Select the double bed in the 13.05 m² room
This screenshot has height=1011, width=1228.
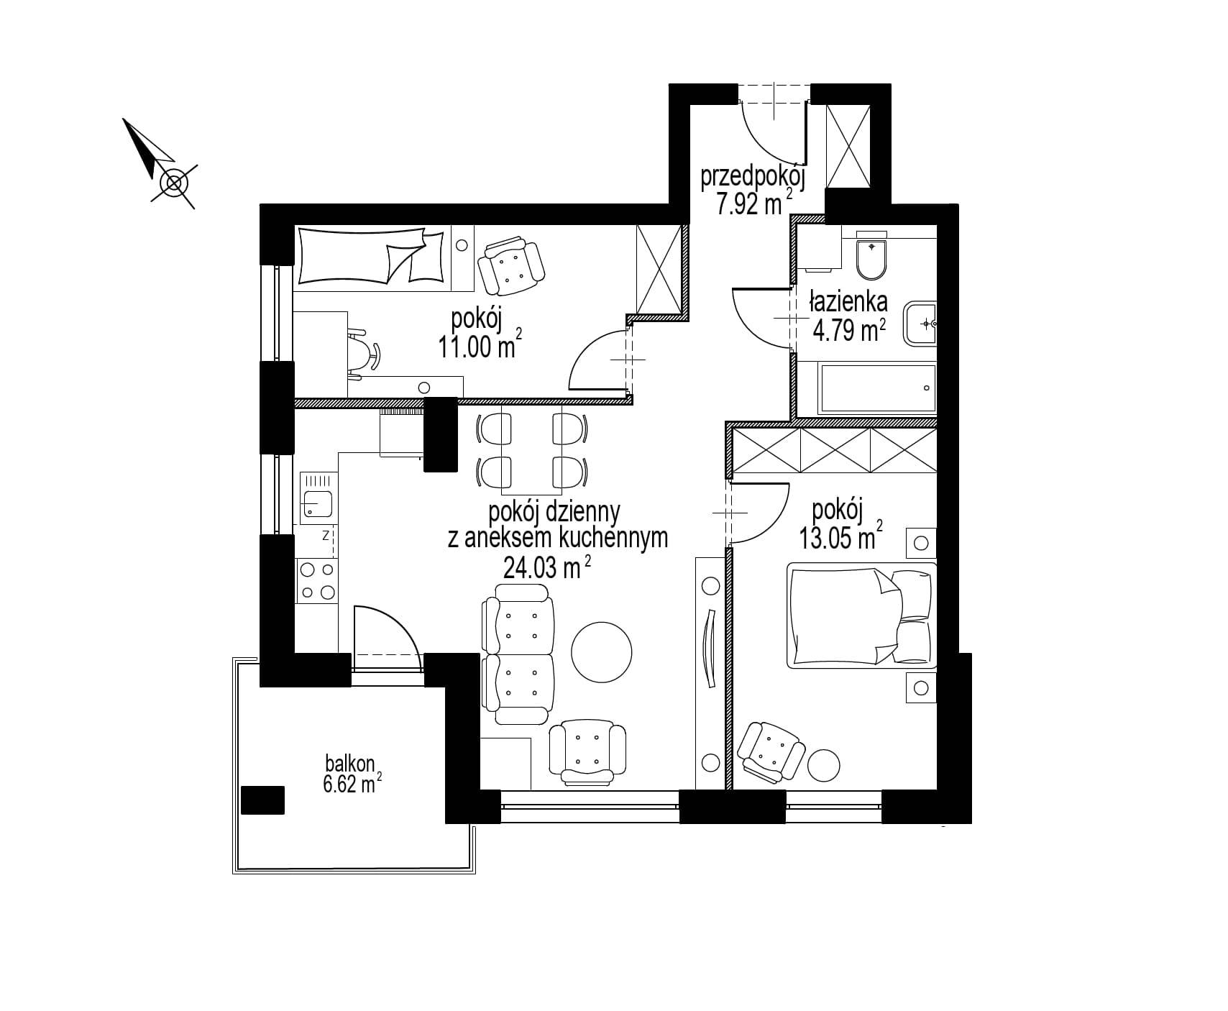(x=863, y=615)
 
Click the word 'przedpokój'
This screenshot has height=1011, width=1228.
(x=753, y=178)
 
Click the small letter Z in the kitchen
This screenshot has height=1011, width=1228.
(x=326, y=535)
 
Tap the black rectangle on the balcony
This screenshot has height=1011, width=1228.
(x=263, y=800)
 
